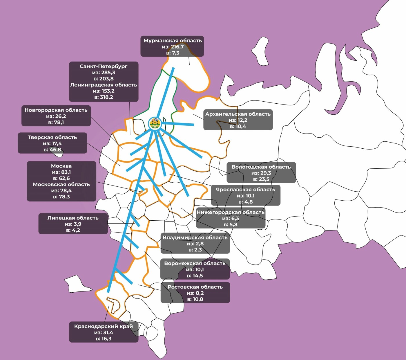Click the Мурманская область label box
(172, 46)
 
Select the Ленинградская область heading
(104, 85)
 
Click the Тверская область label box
(52, 143)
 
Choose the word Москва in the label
(61, 166)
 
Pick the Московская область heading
(61, 184)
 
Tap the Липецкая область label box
(73, 224)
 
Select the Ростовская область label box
(195, 293)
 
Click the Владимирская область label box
(195, 243)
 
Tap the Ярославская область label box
(246, 195)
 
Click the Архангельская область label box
(238, 120)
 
